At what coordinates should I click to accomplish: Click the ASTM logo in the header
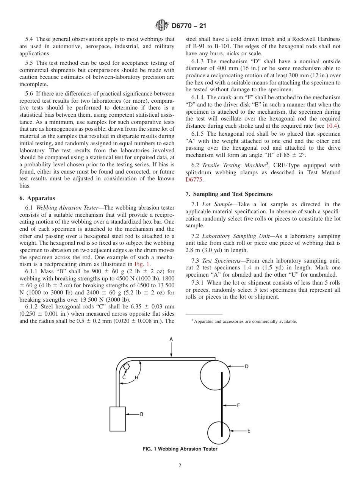(x=162, y=26)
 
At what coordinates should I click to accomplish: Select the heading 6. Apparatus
(x=37, y=198)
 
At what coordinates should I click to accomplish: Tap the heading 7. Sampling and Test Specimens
(x=229, y=194)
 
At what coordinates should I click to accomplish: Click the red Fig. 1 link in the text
(x=142, y=264)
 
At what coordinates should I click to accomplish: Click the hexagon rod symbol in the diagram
(x=127, y=367)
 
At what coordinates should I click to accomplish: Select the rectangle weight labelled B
(x=117, y=419)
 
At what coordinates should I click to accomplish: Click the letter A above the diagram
(x=171, y=339)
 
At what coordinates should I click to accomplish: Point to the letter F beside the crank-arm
(x=238, y=405)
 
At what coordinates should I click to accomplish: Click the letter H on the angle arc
(x=136, y=377)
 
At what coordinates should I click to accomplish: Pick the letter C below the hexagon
(x=124, y=377)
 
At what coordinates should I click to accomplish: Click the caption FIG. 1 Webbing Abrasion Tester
(x=180, y=449)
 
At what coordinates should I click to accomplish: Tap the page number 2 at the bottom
(x=180, y=466)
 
